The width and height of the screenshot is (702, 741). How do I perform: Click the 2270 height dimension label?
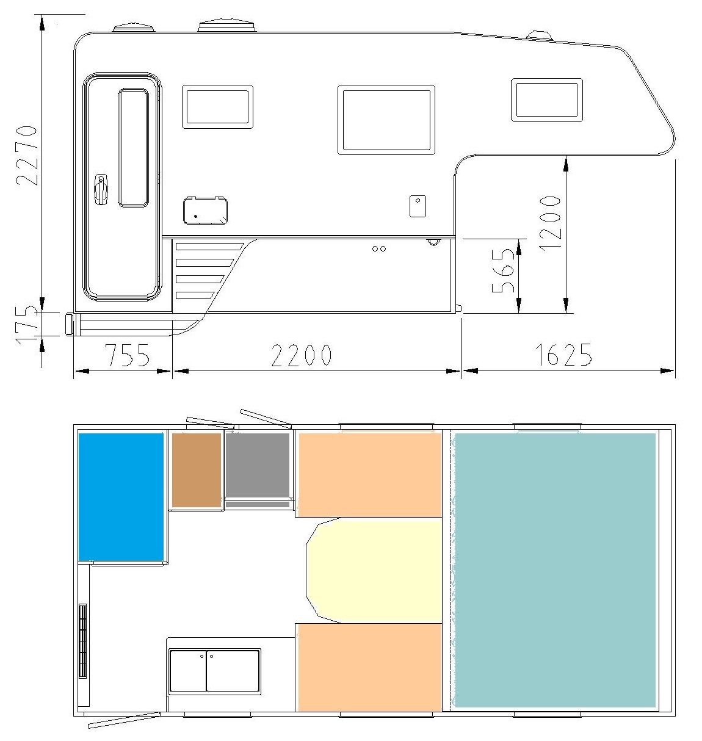pos(27,155)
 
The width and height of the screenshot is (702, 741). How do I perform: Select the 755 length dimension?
pos(127,355)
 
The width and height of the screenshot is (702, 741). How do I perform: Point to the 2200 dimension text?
pos(302,355)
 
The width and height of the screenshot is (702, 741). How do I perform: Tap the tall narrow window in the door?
pos(133,148)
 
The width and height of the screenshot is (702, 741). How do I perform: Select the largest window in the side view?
pos(386,120)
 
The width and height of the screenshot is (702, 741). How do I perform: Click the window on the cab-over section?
pos(547,100)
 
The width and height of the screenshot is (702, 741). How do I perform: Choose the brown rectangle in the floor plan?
pos(197,469)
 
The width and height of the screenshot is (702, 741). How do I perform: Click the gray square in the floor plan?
pos(258,465)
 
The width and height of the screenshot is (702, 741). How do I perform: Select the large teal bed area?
pos(555,570)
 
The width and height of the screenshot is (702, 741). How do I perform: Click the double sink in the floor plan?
pos(214,671)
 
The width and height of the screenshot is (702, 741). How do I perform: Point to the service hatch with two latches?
pos(206,211)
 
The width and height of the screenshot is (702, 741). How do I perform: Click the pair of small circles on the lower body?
pos(379,249)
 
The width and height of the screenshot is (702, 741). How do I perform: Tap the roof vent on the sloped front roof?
pos(540,35)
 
